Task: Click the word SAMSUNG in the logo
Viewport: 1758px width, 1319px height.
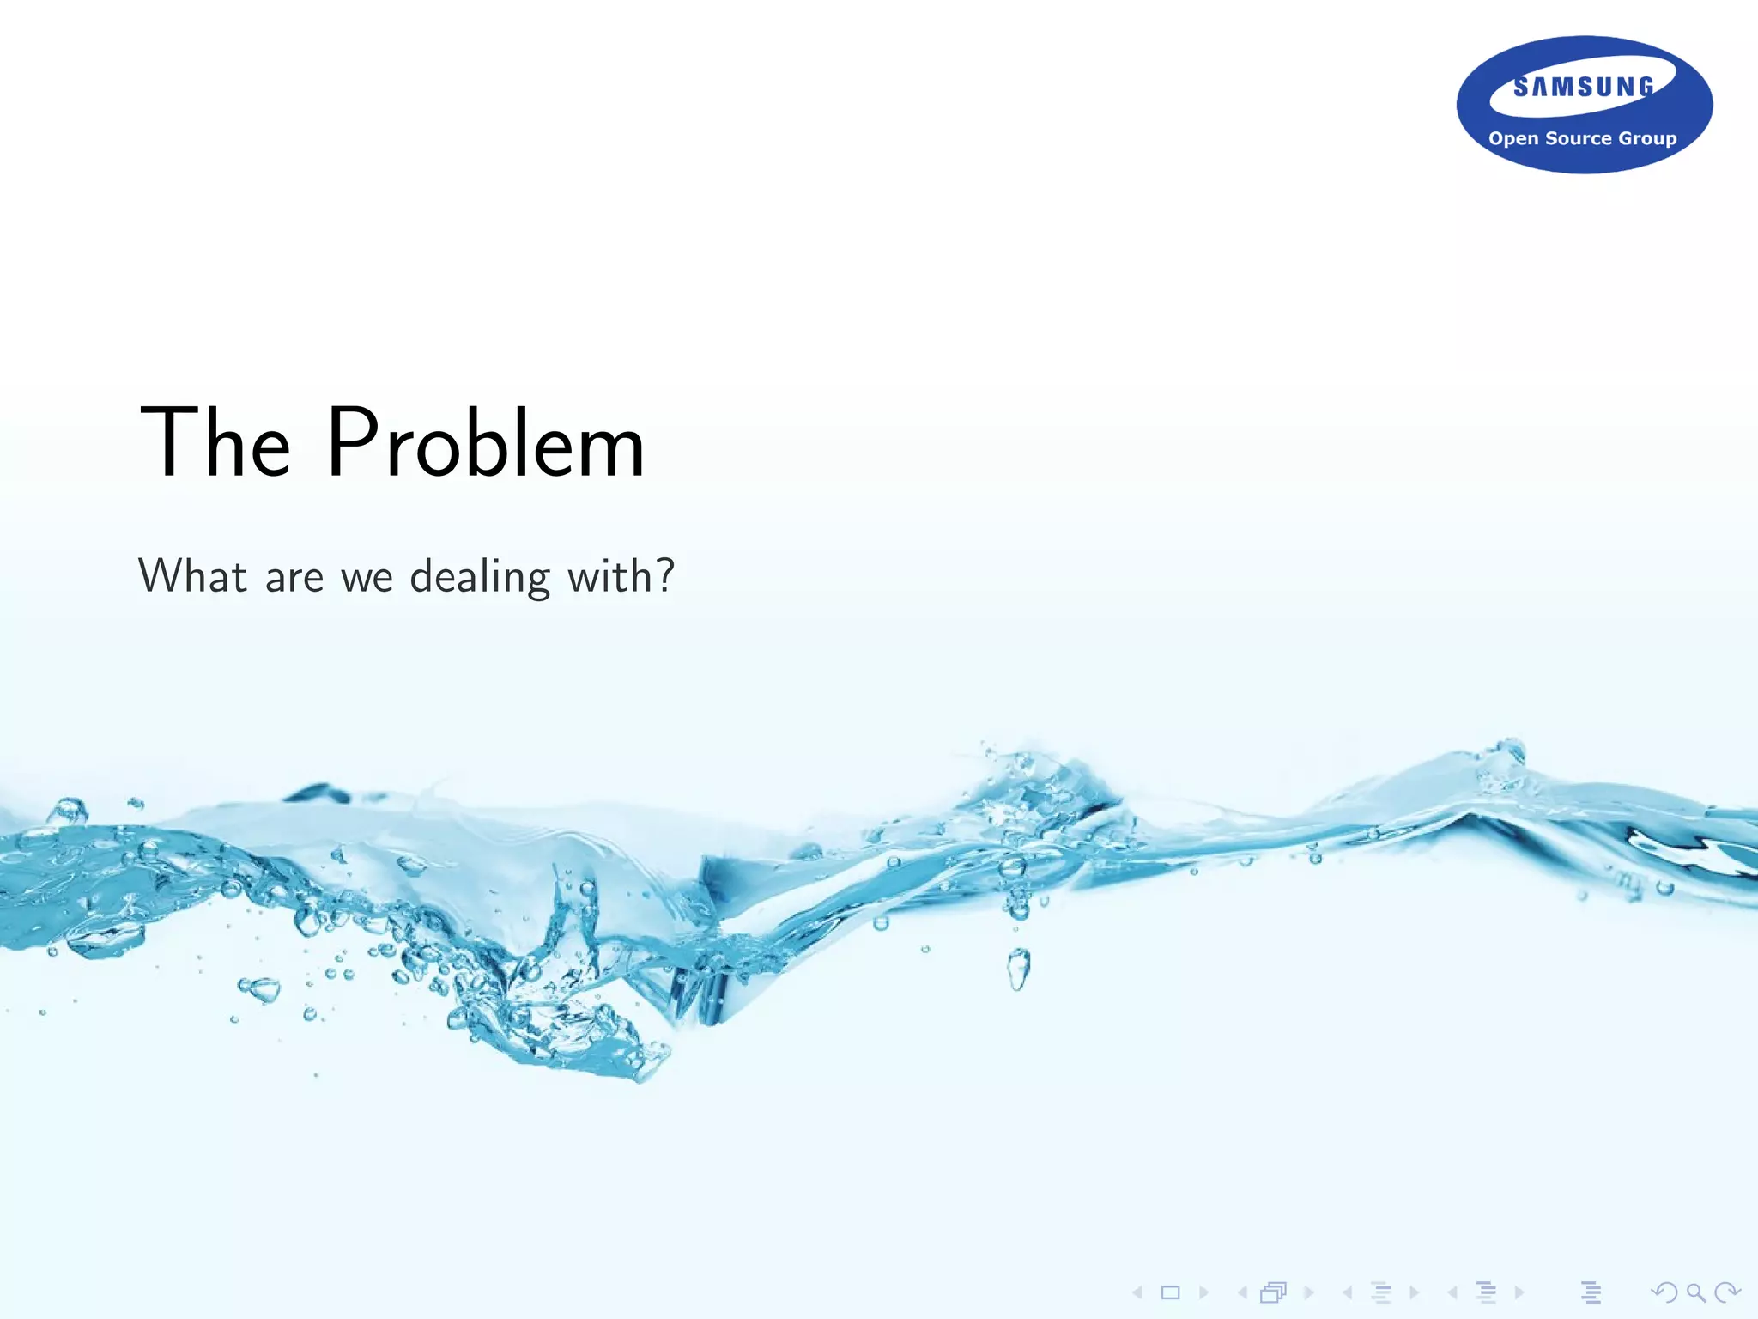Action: [x=1584, y=87]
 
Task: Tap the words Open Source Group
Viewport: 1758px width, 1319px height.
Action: [x=1582, y=138]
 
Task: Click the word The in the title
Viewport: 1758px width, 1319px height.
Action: [x=215, y=443]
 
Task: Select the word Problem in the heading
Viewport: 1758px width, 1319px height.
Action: [x=485, y=443]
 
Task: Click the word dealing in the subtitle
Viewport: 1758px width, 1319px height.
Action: [x=480, y=577]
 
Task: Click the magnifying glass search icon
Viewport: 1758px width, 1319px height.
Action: [x=1695, y=1292]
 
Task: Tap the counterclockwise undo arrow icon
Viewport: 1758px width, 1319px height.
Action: [x=1664, y=1292]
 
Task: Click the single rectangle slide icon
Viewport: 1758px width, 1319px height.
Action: [x=1170, y=1292]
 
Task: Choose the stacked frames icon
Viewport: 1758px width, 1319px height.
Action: [x=1274, y=1292]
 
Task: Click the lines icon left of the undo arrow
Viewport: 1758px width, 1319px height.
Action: [x=1591, y=1292]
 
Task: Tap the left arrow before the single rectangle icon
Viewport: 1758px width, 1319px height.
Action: [x=1137, y=1292]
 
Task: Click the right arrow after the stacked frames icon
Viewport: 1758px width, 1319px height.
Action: [x=1308, y=1292]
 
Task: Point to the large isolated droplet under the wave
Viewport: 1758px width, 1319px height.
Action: [x=1018, y=969]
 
